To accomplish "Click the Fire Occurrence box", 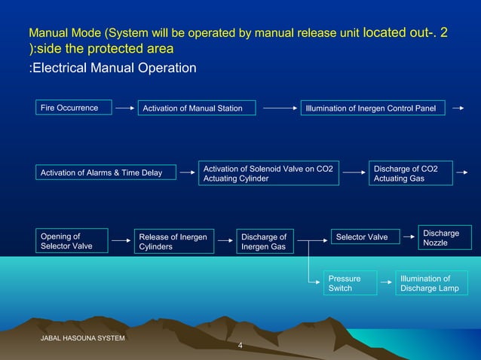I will pyautogui.click(x=73, y=108).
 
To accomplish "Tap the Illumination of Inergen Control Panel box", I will pyautogui.click(x=372, y=108).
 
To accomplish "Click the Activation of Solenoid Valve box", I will pyautogui.click(x=268, y=172).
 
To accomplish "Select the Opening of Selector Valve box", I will pyautogui.click(x=71, y=241).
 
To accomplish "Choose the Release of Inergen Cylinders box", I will pyautogui.click(x=172, y=242).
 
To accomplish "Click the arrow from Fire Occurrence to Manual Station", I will pyautogui.click(x=124, y=108).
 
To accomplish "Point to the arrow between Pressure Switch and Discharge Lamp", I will pyautogui.click(x=384, y=283).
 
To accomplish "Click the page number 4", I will pyautogui.click(x=240, y=346).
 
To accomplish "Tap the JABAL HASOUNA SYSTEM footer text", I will pyautogui.click(x=83, y=338).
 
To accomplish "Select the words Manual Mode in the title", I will pyautogui.click(x=66, y=34).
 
